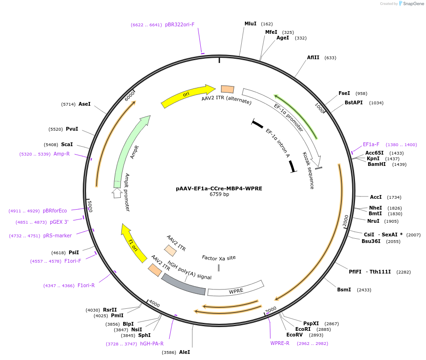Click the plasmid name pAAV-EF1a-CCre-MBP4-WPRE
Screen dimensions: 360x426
coord(219,188)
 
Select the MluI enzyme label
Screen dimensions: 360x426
coord(251,23)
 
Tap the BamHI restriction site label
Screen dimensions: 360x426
coord(377,164)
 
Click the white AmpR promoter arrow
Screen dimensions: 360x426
coord(117,192)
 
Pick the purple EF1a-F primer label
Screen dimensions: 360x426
coord(371,145)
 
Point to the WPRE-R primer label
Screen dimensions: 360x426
coord(280,343)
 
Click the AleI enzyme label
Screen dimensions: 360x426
coord(184,352)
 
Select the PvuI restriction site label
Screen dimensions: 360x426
coord(72,129)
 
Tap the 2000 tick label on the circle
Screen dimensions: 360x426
coord(346,221)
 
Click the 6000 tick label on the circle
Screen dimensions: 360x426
coord(130,95)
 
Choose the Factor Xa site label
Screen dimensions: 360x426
coord(219,258)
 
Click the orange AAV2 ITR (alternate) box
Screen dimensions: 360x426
coord(228,89)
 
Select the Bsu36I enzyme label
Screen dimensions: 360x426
coord(374,241)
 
